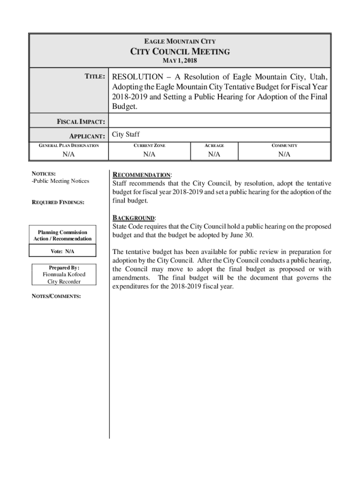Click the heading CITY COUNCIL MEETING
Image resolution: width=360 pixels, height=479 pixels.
pyautogui.click(x=180, y=51)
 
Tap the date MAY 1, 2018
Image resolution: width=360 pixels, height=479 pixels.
pyautogui.click(x=180, y=61)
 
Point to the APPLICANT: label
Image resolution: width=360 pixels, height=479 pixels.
pyautogui.click(x=86, y=136)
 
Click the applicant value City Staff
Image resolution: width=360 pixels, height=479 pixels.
pyautogui.click(x=126, y=135)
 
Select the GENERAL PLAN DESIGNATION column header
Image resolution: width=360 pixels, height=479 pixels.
pyautogui.click(x=68, y=145)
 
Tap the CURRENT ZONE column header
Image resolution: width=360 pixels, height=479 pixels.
pyautogui.click(x=149, y=145)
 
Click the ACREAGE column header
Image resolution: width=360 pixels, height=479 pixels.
pyautogui.click(x=214, y=145)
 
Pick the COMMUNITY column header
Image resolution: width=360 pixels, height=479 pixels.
pyautogui.click(x=284, y=145)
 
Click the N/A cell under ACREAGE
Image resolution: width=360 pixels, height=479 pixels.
pyautogui.click(x=214, y=154)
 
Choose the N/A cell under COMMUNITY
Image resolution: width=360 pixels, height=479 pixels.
pyautogui.click(x=284, y=154)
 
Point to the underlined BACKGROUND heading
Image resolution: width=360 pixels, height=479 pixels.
pyautogui.click(x=134, y=218)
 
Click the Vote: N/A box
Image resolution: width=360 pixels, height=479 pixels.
pyautogui.click(x=62, y=252)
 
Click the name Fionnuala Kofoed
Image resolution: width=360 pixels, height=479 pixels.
pyautogui.click(x=64, y=274)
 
